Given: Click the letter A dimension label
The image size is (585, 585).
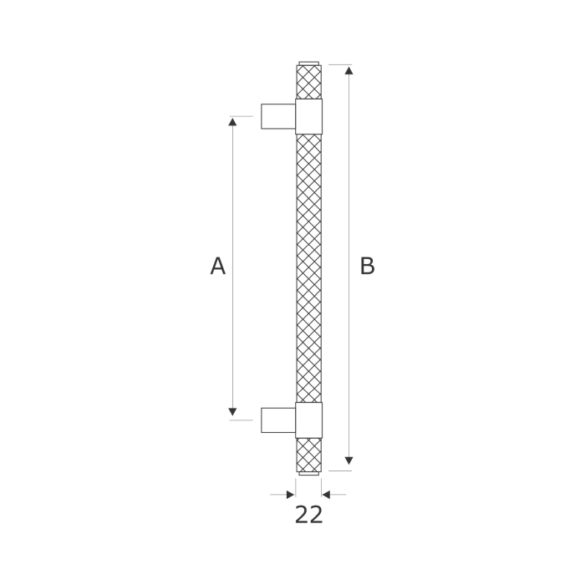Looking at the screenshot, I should pos(217,266).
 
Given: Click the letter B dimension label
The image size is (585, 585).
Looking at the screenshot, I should pos(367,266).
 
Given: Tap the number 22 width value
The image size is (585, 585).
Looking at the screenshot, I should pos(308,515).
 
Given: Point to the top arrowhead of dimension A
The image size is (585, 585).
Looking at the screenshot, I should pos(233,122).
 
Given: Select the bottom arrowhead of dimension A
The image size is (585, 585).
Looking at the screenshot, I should pos(233,412).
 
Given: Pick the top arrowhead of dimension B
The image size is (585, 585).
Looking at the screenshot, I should pos(349,70).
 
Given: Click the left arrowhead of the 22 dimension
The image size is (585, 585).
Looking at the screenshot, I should pos(289,495).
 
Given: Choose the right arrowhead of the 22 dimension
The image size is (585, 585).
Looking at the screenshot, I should pos(328,495).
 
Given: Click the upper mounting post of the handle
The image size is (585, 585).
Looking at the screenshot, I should pos(278,116).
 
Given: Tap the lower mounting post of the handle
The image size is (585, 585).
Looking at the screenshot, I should pos(278,420).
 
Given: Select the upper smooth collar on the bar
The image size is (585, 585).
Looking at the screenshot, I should pos(308,116).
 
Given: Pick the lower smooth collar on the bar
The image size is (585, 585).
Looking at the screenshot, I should pos(308,420).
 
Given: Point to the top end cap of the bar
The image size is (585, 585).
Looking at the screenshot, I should pos(308,63).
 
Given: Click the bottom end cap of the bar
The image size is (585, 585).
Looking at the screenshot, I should pos(308,472).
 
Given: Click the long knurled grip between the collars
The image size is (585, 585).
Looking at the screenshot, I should pos(308,267).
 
